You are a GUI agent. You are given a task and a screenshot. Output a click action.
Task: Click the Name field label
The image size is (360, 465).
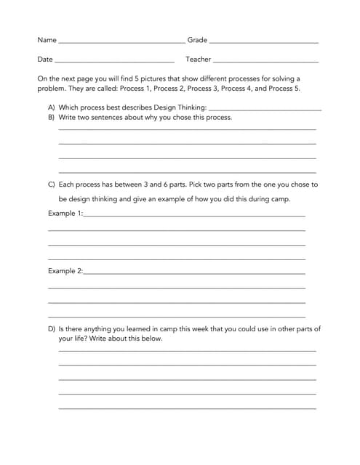click(47, 40)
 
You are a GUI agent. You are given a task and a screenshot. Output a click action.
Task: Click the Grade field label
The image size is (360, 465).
click(197, 40)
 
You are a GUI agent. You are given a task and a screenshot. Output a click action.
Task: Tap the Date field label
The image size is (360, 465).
click(45, 59)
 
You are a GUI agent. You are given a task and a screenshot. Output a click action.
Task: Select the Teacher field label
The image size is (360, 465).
click(198, 59)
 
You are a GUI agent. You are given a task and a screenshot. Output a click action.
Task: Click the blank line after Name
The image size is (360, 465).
click(121, 42)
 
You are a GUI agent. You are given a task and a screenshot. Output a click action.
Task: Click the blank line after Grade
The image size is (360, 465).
click(264, 42)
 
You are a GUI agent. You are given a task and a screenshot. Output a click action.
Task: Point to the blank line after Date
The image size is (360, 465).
click(114, 61)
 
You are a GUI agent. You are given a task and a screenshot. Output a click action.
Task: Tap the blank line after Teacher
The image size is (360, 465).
click(265, 61)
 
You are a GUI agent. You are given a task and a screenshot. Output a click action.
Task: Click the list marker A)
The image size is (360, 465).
click(52, 107)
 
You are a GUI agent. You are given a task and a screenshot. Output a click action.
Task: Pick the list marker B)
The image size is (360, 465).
click(52, 116)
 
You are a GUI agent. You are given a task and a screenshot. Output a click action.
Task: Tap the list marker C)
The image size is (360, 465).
click(52, 185)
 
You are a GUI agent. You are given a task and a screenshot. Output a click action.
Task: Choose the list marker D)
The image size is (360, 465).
click(52, 328)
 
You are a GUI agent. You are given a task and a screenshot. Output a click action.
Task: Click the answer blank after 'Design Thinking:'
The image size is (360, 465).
click(265, 109)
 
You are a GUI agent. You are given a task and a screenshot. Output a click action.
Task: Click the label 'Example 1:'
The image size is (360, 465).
click(65, 214)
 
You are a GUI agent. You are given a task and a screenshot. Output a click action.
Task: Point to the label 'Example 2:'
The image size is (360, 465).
click(65, 271)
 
